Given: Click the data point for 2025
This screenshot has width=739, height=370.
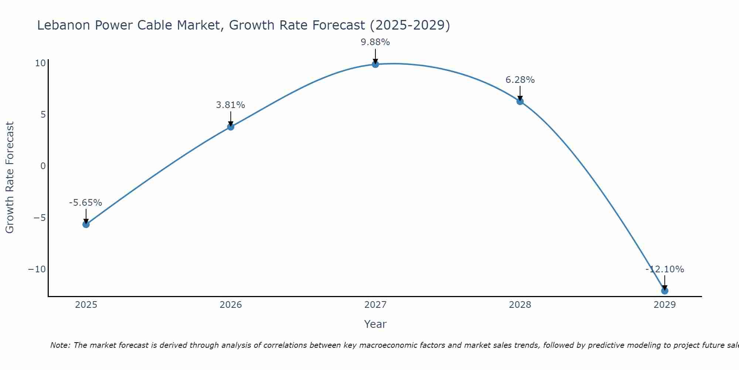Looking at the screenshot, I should (86, 224).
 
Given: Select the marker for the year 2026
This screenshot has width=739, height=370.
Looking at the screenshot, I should (231, 127).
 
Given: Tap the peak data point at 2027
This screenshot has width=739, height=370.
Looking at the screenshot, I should (375, 64).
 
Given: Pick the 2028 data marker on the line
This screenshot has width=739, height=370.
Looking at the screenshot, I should (520, 101).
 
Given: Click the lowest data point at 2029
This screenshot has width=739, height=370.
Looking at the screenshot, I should (665, 291).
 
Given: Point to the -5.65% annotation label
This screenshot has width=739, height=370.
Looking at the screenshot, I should (85, 203).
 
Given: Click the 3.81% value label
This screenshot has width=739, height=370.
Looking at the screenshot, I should (231, 105).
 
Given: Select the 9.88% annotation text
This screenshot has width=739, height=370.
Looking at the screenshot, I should (375, 42).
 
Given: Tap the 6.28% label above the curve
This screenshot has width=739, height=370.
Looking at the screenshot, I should (520, 80).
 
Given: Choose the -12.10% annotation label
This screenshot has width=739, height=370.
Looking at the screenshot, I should (665, 269).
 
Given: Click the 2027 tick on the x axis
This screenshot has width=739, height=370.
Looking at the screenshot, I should (375, 305).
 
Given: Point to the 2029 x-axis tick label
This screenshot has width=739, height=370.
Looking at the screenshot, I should (665, 305).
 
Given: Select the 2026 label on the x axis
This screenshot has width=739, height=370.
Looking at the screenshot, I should (231, 305).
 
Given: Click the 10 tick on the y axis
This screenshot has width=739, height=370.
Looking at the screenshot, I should (40, 63).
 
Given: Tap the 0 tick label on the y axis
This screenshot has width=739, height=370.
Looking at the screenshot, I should (43, 166).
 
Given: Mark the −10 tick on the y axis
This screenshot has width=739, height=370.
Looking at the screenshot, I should (37, 269).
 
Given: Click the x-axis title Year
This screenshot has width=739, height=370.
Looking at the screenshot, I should (375, 324).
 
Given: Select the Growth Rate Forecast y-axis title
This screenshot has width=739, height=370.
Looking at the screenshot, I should (10, 178).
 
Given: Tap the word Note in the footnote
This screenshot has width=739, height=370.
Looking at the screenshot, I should (59, 345).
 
